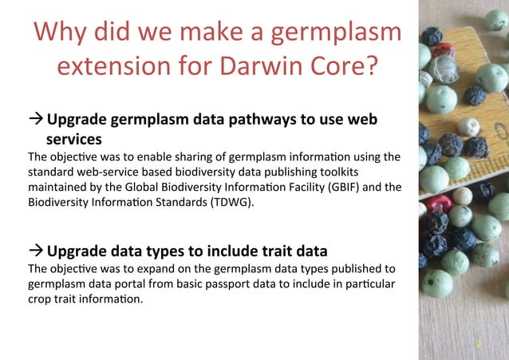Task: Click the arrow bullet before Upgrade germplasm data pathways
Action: point(36,121)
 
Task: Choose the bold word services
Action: point(79,139)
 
